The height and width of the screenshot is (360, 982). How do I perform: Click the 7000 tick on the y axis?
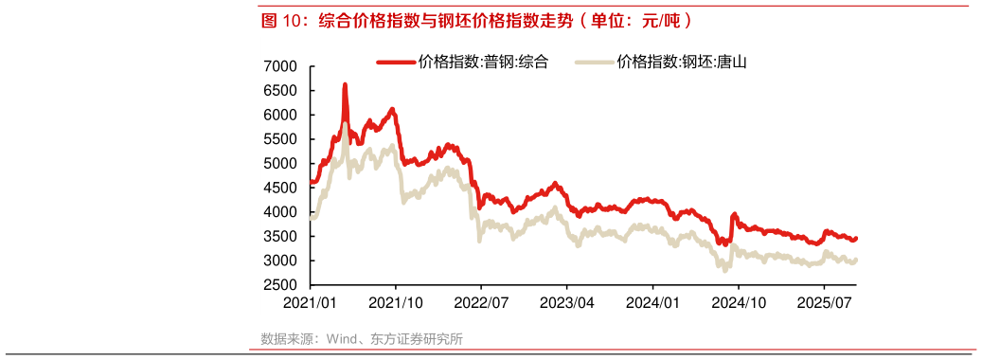coord(282,66)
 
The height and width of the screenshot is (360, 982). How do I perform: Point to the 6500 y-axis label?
coord(282,91)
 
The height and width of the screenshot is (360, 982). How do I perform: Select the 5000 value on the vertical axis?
coord(282,164)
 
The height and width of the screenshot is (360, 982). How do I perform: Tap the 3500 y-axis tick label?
coord(282,237)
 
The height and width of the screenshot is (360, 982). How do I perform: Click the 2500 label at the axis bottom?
coord(282,285)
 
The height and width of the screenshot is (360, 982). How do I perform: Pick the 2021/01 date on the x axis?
coord(311,302)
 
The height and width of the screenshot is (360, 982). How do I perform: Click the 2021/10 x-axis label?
coord(396,302)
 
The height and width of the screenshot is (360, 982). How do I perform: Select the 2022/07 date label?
coord(481,302)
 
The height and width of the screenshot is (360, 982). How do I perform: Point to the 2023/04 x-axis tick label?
coord(566,302)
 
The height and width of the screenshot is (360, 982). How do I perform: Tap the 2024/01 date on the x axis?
coord(652,302)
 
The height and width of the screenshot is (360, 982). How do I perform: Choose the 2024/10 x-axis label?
coord(738,302)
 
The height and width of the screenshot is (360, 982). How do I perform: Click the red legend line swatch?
coord(396,63)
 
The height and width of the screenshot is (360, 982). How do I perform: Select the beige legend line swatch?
coord(593,63)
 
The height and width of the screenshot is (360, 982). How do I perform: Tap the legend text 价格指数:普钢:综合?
coord(483,63)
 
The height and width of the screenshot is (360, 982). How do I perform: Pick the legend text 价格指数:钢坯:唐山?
coord(682,63)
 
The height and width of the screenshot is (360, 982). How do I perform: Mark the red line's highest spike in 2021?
coord(345,85)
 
